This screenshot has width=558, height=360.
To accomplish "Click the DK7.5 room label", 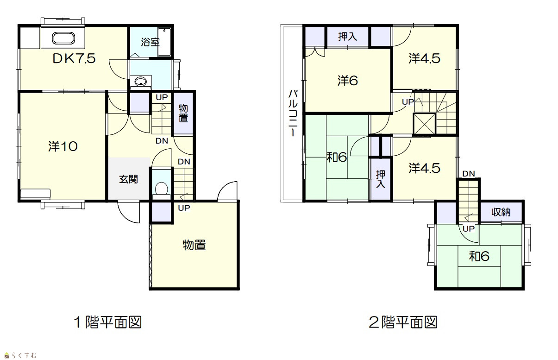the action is pyautogui.click(x=74, y=58).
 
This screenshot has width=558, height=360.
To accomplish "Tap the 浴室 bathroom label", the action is pyautogui.click(x=150, y=42).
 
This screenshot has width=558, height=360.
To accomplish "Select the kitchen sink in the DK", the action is pyautogui.click(x=63, y=38).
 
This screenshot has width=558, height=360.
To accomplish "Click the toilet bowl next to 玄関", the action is pyautogui.click(x=161, y=188).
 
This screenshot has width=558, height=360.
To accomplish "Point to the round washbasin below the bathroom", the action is pyautogui.click(x=140, y=81).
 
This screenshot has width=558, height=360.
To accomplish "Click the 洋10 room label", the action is pyautogui.click(x=63, y=146).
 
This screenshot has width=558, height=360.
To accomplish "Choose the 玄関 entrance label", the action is pyautogui.click(x=128, y=179).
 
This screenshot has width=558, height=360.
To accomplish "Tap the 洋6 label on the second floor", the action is pyautogui.click(x=347, y=81).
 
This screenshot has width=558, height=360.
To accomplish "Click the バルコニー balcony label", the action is pyautogui.click(x=293, y=113).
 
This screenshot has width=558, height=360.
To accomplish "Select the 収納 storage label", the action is pyautogui.click(x=501, y=212).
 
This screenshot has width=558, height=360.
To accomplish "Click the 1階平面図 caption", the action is pyautogui.click(x=108, y=322).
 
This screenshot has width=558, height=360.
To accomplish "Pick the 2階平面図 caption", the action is pyautogui.click(x=403, y=322).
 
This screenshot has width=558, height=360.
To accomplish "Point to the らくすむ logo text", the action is pyautogui.click(x=24, y=355).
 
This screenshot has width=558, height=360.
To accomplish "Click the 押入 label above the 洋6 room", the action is pyautogui.click(x=347, y=37).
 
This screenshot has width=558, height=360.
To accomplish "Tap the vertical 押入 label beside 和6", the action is pyautogui.click(x=380, y=179).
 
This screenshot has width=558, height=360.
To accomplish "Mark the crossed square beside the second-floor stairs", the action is pyautogui.click(x=425, y=124).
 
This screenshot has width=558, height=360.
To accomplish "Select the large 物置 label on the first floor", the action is pyautogui.click(x=194, y=245).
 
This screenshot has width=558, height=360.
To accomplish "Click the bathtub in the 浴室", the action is pyautogui.click(x=164, y=42).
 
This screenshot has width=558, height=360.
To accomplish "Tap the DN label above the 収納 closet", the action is pyautogui.click(x=469, y=174).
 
